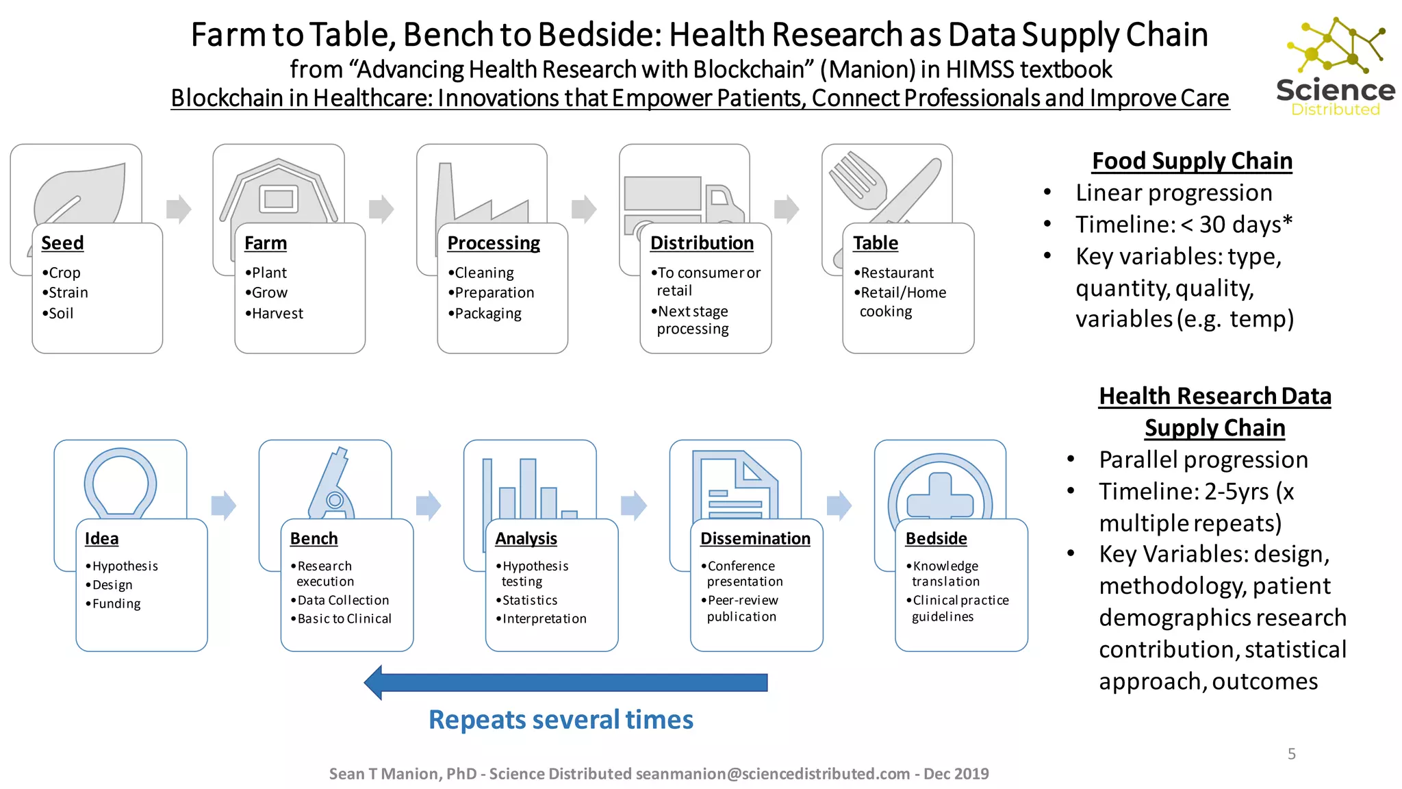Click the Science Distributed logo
pyautogui.click(x=1335, y=67)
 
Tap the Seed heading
pyautogui.click(x=62, y=243)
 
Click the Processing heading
pyautogui.click(x=493, y=243)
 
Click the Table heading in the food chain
pyautogui.click(x=875, y=243)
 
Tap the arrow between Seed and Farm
pyautogui.click(x=178, y=210)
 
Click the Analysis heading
pyautogui.click(x=526, y=539)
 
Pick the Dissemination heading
pyautogui.click(x=754, y=539)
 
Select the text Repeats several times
pyautogui.click(x=561, y=720)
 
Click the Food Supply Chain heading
pyautogui.click(x=1192, y=161)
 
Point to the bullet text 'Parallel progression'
pyautogui.click(x=1203, y=460)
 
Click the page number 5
pyautogui.click(x=1291, y=754)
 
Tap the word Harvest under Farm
pyautogui.click(x=277, y=314)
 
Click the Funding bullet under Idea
pyautogui.click(x=116, y=604)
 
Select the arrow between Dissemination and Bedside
pyautogui.click(x=839, y=506)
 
